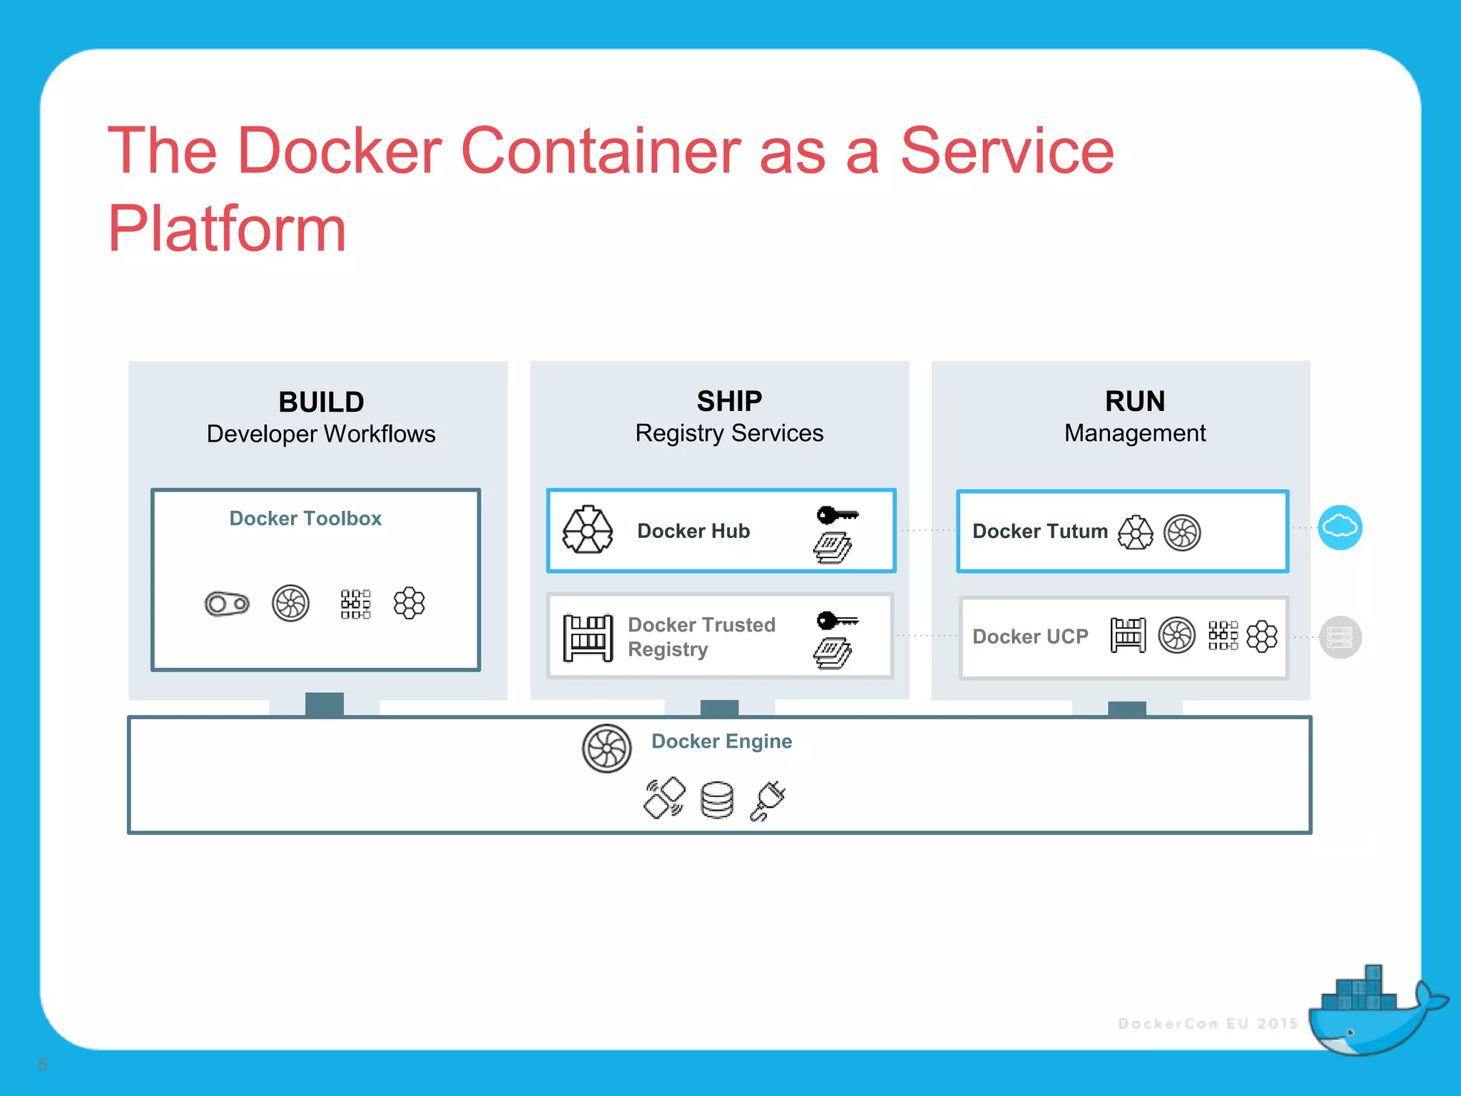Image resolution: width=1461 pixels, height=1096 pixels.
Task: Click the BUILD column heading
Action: click(321, 402)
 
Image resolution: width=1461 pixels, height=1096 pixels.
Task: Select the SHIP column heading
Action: click(729, 402)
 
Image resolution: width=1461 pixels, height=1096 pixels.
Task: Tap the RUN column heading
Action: click(1134, 402)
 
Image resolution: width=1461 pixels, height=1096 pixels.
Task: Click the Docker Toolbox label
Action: click(305, 519)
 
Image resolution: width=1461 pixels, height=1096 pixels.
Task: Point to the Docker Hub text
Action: click(693, 531)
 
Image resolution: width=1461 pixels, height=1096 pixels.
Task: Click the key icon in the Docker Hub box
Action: click(837, 514)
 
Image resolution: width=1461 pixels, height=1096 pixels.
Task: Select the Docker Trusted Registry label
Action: click(701, 636)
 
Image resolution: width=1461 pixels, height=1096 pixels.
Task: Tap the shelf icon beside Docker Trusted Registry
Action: click(588, 637)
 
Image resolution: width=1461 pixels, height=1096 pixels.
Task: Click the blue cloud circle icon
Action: click(1340, 528)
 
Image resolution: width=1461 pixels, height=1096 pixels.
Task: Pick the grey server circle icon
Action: click(1340, 637)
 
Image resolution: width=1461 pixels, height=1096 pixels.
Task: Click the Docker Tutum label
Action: click(1039, 532)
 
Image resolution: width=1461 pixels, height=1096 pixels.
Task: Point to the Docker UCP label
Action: click(1030, 636)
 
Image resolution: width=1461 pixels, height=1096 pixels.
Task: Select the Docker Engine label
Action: click(721, 741)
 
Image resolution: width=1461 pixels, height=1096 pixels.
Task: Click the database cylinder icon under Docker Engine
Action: click(717, 800)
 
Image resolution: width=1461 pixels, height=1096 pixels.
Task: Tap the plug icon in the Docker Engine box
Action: click(768, 801)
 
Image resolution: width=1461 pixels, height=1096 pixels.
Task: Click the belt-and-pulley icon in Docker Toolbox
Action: click(227, 604)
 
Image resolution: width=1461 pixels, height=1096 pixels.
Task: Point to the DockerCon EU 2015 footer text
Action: click(1207, 1024)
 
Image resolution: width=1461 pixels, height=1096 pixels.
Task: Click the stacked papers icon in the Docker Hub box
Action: click(832, 548)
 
